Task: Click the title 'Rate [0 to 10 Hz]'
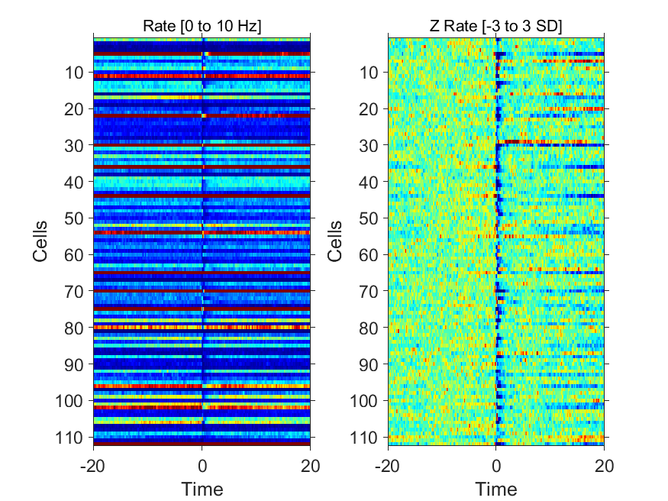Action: [x=202, y=26]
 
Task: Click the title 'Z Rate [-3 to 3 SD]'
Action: [x=496, y=26]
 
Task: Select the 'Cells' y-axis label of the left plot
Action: [x=40, y=241]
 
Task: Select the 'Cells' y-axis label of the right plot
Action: [x=335, y=241]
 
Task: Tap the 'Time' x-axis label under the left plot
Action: [x=202, y=489]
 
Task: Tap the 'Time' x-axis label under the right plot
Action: [x=496, y=489]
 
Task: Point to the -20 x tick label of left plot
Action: [x=92, y=467]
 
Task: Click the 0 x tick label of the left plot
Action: [x=202, y=467]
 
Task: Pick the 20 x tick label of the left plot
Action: [x=310, y=467]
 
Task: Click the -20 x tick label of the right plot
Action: [x=387, y=467]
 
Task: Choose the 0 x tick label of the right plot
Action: [x=496, y=467]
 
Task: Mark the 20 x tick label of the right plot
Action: [x=604, y=467]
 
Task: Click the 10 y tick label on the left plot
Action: [x=74, y=73]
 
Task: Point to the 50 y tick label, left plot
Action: [x=74, y=218]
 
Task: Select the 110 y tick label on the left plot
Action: [x=69, y=438]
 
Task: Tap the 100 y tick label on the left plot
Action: [x=69, y=401]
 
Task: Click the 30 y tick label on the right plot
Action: [x=369, y=146]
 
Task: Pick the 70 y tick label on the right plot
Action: [x=369, y=292]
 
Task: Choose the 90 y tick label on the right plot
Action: [x=369, y=364]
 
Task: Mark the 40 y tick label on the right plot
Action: [x=369, y=183]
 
